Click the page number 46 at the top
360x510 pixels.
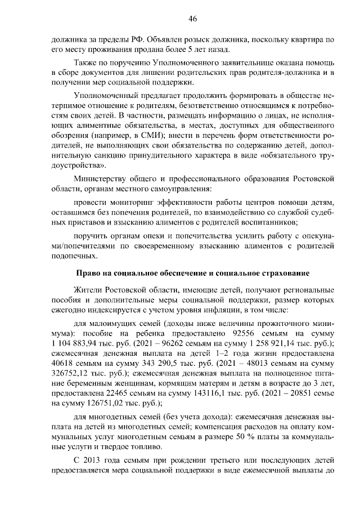[192, 19]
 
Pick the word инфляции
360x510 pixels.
[220, 310]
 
